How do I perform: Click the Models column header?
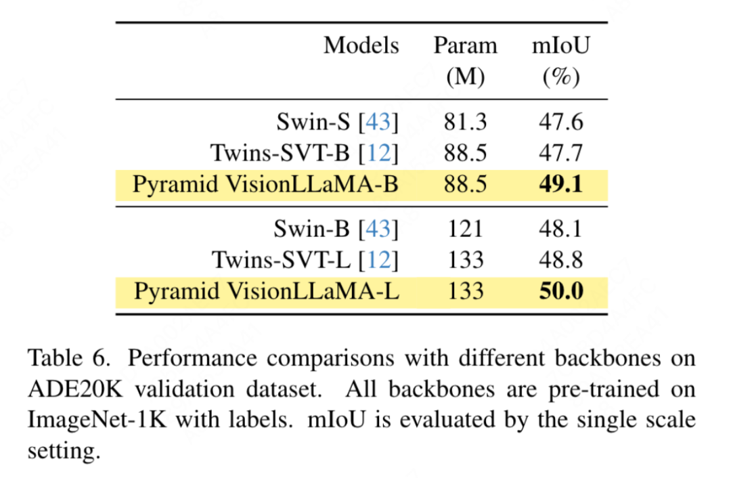pos(361,46)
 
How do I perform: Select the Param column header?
pos(465,46)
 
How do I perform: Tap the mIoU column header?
pos(561,46)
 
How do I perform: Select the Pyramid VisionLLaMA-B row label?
pos(265,184)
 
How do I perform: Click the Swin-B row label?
pos(315,229)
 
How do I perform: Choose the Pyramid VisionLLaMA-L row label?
pos(266,291)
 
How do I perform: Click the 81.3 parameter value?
pos(465,122)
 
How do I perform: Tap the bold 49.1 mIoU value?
pos(561,184)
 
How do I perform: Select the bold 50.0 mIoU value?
pos(561,291)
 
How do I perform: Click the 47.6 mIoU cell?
pos(561,122)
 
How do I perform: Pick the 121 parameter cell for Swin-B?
pos(465,229)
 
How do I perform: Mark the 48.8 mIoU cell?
pos(561,260)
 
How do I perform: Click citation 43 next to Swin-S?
pos(378,122)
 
